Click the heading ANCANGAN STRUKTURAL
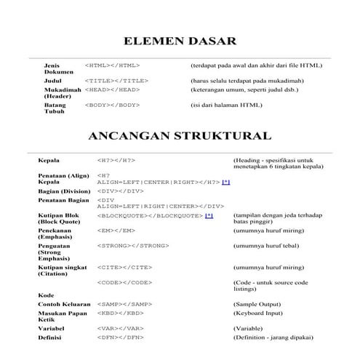click(180, 136)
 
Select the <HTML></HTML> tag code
click(112, 65)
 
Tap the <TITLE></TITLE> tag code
click(116, 80)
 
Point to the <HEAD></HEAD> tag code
click(112, 89)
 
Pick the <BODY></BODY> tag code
click(112, 105)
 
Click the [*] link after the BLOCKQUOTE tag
click(209, 216)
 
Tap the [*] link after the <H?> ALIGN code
click(226, 182)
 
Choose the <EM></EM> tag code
click(116, 231)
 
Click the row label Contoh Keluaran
click(64, 303)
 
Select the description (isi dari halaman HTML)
click(226, 105)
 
